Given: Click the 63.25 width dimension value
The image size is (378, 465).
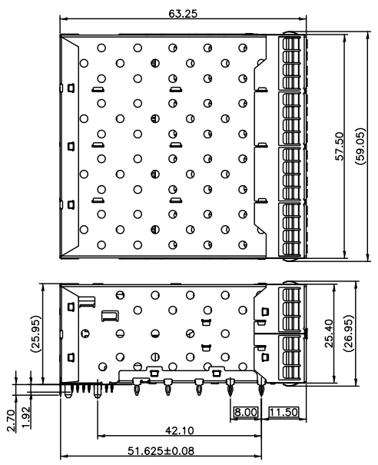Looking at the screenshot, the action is pos(183,14).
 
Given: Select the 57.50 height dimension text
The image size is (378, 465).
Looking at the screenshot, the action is pos(340,147).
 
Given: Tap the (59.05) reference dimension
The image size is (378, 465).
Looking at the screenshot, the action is pos(360,147).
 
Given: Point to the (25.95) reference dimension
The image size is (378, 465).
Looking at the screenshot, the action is pos(36,334).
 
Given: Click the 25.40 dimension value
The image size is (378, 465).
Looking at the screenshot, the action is pos(329,334).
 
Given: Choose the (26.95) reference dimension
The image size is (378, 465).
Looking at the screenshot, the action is pos(348,334).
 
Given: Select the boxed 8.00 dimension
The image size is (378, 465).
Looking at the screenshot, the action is pos(246,412).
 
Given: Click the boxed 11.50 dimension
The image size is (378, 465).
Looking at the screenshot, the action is pos(283,412).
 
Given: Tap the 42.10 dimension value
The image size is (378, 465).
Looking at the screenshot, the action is pos(180,430).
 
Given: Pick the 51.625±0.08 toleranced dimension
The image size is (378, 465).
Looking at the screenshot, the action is pos(161,451).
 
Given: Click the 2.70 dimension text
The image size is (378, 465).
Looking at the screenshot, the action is pos(11,420).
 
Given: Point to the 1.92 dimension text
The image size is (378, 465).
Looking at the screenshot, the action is pos(26,417).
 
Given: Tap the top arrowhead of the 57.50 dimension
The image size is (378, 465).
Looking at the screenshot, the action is pos(345,38).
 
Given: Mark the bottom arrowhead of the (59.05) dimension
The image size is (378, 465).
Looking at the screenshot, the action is pos(368,257).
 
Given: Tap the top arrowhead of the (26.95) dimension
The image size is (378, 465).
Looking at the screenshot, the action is pos(356,284).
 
